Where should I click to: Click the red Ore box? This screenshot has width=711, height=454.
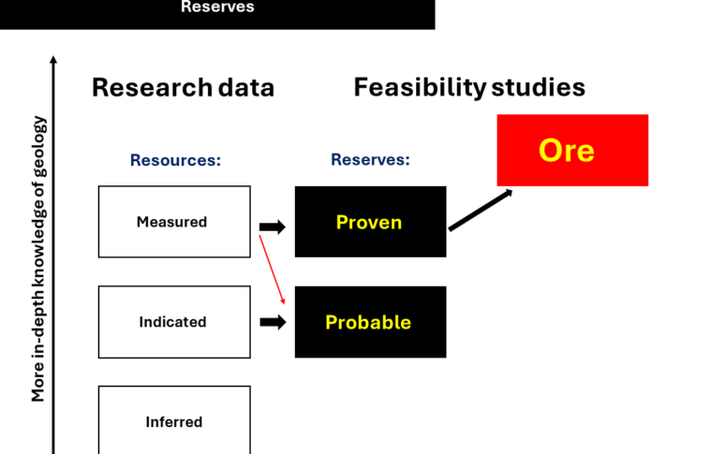pos(572,150)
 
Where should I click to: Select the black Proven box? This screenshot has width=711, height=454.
pos(370,222)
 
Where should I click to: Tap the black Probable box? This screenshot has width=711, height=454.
pos(370,322)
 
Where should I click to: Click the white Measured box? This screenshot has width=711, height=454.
pos(174,222)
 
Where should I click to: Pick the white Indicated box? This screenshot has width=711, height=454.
pos(174,322)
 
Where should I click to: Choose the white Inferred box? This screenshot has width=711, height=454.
pos(174,420)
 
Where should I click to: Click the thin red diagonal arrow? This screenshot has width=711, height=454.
pos(271,271)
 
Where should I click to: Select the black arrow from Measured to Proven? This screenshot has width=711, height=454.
pos(273,227)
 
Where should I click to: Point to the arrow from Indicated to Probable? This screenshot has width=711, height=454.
pos(273,322)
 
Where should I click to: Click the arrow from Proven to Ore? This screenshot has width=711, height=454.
pos(480,210)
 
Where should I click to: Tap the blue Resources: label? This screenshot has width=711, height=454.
pos(175,160)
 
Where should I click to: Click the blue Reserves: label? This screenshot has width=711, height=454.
pos(370,160)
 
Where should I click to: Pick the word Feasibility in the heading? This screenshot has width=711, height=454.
pos(419,88)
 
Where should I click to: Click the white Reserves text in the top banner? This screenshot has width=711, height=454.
pos(217,7)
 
